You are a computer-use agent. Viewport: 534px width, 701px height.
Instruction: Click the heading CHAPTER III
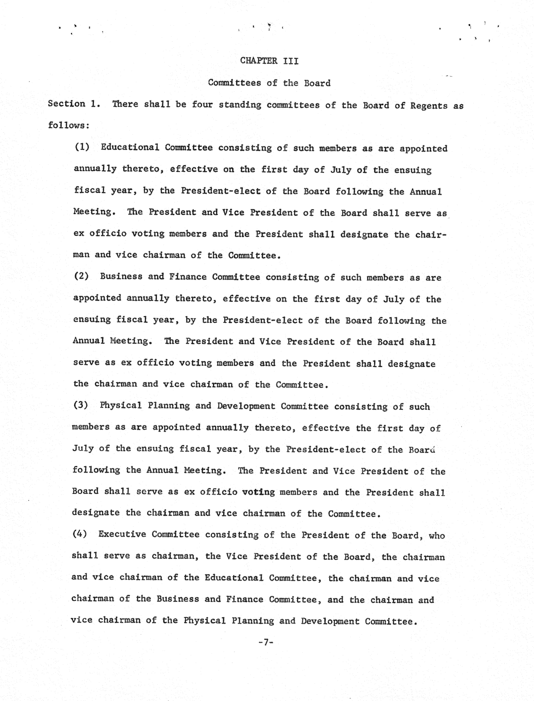tap(269, 61)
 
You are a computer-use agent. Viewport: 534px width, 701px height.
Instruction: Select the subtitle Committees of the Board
tap(269, 83)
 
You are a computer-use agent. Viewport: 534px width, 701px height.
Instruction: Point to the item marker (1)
tap(82, 147)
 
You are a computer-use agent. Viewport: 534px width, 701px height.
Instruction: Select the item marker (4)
tap(80, 534)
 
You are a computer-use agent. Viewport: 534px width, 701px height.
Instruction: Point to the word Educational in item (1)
tap(130, 147)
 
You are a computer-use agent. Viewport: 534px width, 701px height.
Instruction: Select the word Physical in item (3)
tap(121, 406)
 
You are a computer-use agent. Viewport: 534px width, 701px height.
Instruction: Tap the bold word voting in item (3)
tap(258, 492)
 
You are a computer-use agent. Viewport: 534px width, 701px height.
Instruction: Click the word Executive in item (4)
tap(122, 534)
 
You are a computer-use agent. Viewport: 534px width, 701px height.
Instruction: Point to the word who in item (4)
tap(437, 536)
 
